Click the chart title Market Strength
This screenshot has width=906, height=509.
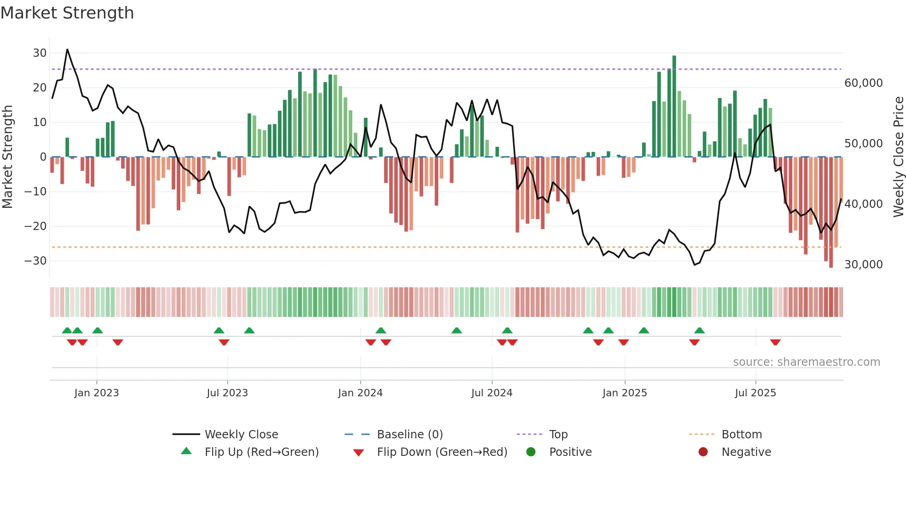point(67,13)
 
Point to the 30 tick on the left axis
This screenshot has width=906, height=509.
point(40,53)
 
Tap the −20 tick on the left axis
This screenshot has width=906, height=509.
point(36,226)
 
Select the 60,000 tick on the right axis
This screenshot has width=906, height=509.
point(863,83)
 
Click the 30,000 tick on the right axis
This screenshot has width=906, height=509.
point(863,265)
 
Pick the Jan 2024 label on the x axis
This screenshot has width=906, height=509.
point(360,393)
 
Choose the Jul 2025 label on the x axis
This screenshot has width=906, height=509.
point(755,393)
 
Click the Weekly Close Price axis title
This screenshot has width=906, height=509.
point(898,157)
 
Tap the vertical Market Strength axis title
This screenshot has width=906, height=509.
point(7,157)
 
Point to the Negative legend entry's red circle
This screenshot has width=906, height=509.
point(703,452)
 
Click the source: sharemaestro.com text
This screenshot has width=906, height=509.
point(806,362)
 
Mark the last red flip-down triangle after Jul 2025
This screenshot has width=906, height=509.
point(775,342)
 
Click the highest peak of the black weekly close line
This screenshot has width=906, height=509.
point(67,49)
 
